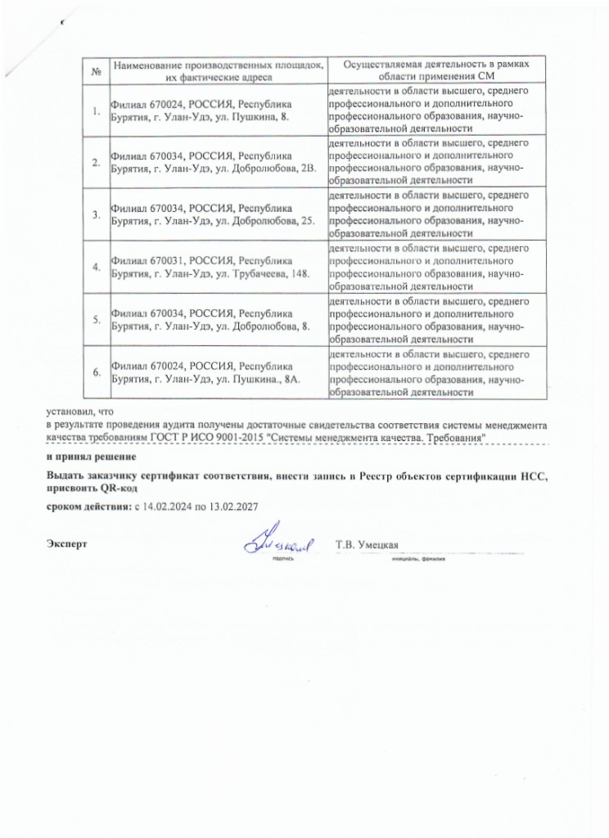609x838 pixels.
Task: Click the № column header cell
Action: click(97, 70)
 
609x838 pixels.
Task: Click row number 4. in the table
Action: click(97, 267)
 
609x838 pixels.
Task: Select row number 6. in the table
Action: click(97, 372)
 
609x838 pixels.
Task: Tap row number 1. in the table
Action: click(97, 110)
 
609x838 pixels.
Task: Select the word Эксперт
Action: click(66, 544)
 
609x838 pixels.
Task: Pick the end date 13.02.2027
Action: click(234, 507)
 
